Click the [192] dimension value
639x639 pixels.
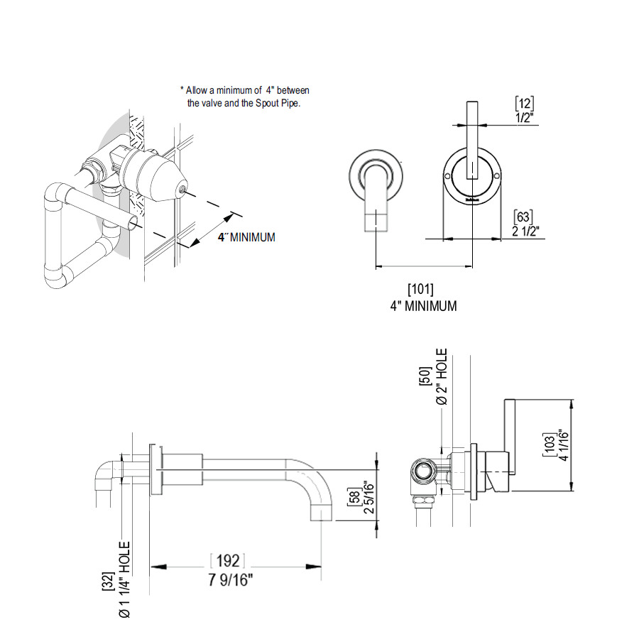click(x=227, y=562)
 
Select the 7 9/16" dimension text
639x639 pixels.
click(x=231, y=580)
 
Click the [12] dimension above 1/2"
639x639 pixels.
click(x=524, y=104)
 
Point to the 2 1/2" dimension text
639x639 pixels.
click(x=526, y=231)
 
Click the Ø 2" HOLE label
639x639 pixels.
click(x=442, y=377)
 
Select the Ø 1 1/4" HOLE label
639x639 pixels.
click(x=125, y=579)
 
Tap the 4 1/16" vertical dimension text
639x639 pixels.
click(x=564, y=445)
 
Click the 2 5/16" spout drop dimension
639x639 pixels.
click(x=368, y=497)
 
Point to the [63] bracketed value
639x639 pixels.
click(x=523, y=217)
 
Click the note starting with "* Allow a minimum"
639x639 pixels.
click(x=245, y=97)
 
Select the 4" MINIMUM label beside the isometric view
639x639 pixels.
click(x=246, y=237)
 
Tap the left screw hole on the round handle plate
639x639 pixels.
click(x=447, y=175)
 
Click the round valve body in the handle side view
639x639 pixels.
click(x=422, y=470)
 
